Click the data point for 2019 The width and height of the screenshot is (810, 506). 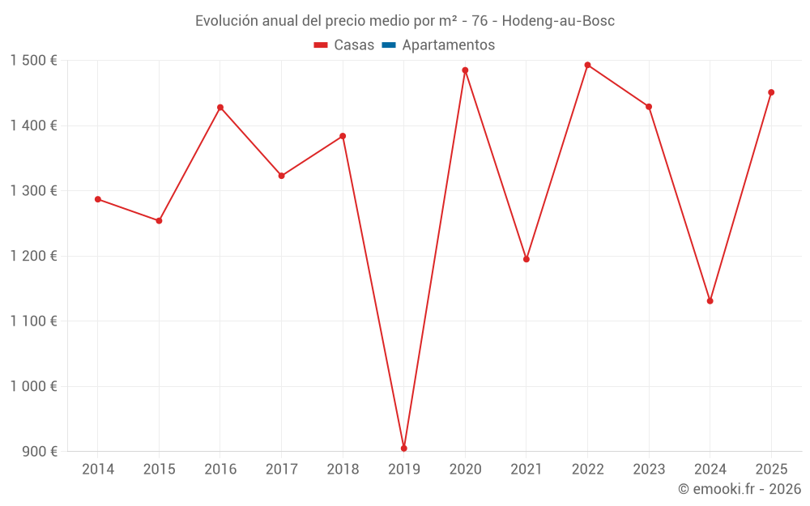pos(404,448)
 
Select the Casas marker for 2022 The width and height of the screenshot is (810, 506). pos(587,65)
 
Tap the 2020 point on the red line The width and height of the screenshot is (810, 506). pos(465,70)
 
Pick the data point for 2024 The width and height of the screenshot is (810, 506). pos(710,301)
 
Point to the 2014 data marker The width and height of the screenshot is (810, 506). pos(98,199)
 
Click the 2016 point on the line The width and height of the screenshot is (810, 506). pos(220,108)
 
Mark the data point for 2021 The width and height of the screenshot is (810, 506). pos(526,259)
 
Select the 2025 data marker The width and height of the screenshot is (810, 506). pos(771,92)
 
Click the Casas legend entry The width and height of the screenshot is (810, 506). pos(344,45)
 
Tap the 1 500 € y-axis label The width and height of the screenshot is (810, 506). pos(33,61)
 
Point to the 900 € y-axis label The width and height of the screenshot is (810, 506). pos(39,452)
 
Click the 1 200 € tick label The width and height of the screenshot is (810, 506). pos(33,256)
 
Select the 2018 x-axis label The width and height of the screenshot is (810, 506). pos(343,470)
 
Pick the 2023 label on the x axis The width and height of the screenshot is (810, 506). pos(649,470)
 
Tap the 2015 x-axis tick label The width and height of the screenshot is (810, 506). pos(159,470)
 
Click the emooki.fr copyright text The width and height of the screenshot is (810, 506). pos(740,489)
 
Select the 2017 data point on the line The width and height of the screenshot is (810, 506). pos(281,176)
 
